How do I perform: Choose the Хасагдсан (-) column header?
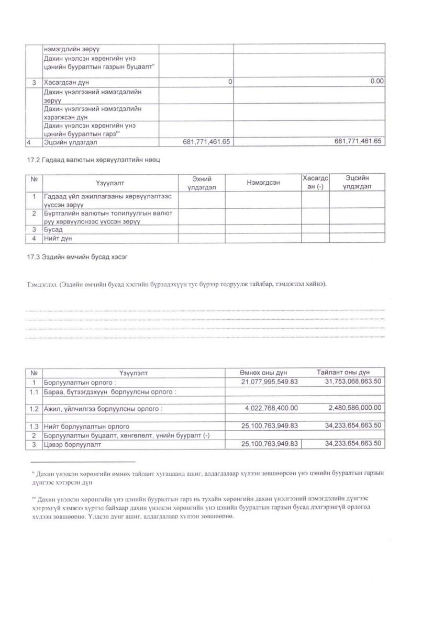[315, 182]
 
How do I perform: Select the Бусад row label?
[53, 230]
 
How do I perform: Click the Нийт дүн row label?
[58, 238]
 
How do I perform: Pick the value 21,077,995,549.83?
[270, 382]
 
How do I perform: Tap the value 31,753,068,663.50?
[347, 382]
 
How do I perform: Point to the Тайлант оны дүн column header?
[343, 373]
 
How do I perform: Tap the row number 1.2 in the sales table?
[34, 408]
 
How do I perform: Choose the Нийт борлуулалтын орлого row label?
[86, 427]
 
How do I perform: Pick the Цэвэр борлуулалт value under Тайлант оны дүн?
[347, 444]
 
